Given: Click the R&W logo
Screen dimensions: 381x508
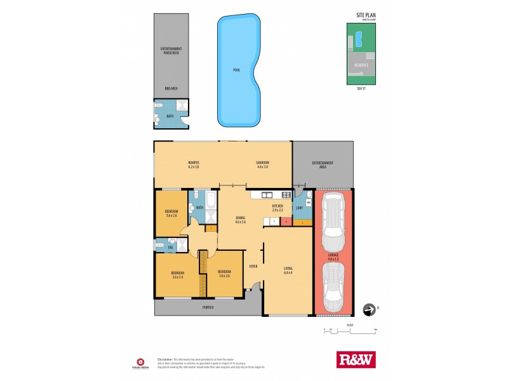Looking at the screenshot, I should point(355,359).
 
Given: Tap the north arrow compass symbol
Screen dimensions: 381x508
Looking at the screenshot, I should point(368,309).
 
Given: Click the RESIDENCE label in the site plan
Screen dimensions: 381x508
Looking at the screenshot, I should point(362,64).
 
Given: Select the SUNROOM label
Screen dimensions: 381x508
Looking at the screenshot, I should point(262,163).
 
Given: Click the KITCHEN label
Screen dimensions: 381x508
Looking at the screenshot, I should point(277,206).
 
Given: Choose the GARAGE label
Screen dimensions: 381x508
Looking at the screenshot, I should point(333,256).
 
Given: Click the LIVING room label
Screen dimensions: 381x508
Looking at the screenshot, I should point(288,269).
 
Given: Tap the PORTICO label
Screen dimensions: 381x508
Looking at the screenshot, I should point(208,307).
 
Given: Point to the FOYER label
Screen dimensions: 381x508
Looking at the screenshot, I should point(253,266).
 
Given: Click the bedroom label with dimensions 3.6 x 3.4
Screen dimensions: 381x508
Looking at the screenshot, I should point(177,274).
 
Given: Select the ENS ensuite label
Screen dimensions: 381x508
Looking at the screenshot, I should point(170,246).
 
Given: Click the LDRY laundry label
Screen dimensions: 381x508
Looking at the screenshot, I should point(298,208).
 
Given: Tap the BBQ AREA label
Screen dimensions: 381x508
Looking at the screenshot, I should point(170,88).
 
